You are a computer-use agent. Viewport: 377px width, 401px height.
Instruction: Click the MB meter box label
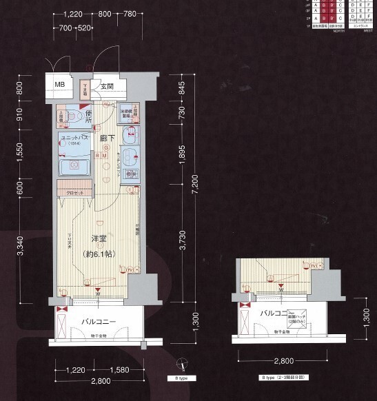tap(60, 85)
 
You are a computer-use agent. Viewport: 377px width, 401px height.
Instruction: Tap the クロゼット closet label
tap(75, 194)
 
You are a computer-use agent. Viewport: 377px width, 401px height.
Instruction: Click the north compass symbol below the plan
tap(180, 363)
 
